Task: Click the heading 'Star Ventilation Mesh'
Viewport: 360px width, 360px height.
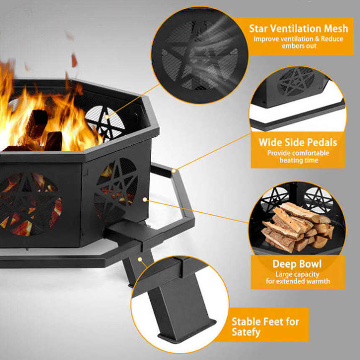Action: (x=298, y=28)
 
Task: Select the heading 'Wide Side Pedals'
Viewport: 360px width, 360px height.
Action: (x=298, y=142)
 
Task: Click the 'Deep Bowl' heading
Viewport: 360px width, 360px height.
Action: (x=297, y=264)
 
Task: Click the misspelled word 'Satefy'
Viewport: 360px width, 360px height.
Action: (x=246, y=332)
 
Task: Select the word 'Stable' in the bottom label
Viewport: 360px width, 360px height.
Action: (x=246, y=321)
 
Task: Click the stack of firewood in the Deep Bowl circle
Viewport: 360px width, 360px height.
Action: (x=297, y=227)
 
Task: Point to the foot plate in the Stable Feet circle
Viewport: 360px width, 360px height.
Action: (x=187, y=331)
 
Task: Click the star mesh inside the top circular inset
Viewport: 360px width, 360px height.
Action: (x=199, y=56)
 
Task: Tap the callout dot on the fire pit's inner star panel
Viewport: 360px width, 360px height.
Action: (x=107, y=117)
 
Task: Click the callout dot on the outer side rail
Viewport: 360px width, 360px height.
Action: (x=174, y=171)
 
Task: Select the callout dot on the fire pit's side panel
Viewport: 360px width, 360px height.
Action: (x=145, y=200)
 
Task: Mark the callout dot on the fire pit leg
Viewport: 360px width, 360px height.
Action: (x=140, y=260)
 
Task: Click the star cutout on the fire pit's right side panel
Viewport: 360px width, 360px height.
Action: (x=116, y=189)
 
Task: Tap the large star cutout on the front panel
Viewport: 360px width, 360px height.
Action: (x=29, y=204)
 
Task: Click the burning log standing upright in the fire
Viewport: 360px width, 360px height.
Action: (x=37, y=124)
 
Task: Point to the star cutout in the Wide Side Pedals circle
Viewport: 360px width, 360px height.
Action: (x=296, y=82)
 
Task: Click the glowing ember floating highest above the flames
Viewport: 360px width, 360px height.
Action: (x=69, y=36)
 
